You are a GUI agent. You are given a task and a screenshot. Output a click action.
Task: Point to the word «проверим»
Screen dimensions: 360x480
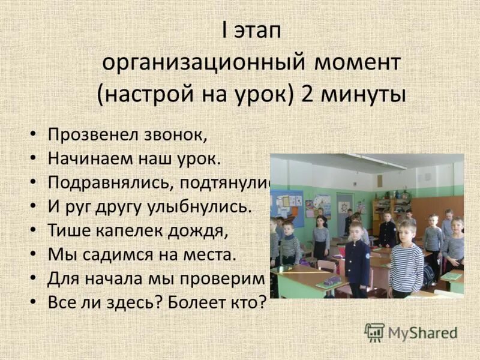[x=232, y=278]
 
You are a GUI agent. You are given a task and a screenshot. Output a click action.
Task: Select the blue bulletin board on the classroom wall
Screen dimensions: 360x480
[x=286, y=202]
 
